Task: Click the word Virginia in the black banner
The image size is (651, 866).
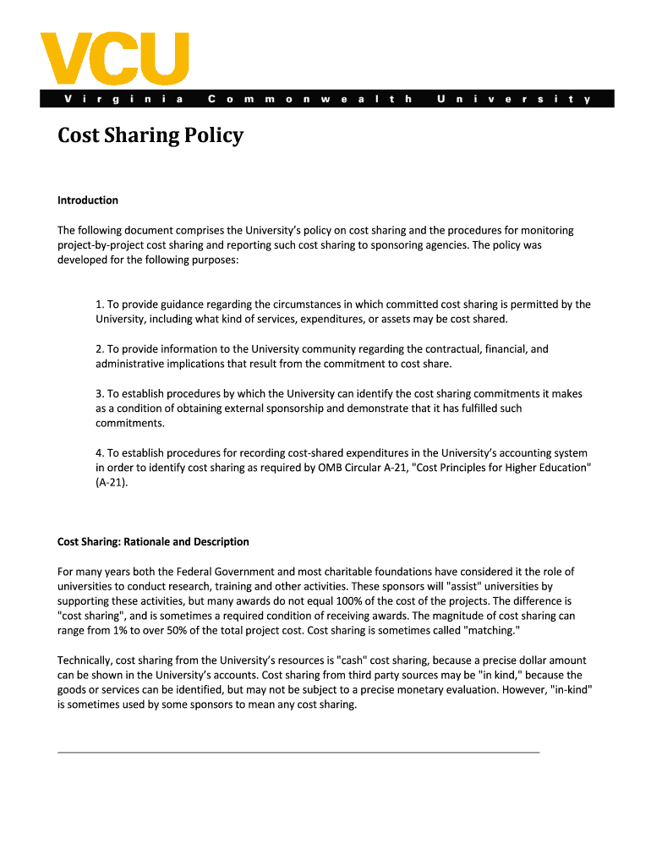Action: (x=123, y=99)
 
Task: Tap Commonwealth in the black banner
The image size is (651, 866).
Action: (x=309, y=99)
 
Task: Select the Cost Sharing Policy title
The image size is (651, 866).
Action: (x=150, y=135)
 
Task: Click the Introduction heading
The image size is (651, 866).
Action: (x=88, y=200)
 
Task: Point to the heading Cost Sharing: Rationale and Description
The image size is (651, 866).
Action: (x=153, y=541)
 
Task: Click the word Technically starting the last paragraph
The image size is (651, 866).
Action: (x=84, y=660)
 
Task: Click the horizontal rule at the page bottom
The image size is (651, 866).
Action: (x=298, y=751)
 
